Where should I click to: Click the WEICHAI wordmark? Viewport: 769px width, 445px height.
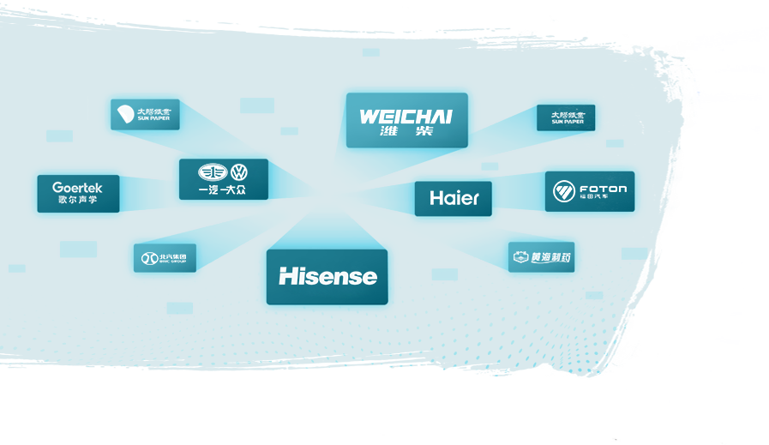tap(406, 117)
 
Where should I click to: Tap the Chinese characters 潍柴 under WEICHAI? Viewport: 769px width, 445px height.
tap(406, 132)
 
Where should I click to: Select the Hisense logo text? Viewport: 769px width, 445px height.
tap(327, 276)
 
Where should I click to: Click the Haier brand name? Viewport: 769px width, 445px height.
tap(454, 198)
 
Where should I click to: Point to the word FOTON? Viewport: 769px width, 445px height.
tap(603, 189)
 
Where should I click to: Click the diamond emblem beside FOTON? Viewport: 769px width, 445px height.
tap(563, 191)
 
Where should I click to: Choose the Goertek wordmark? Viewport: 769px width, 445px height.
tap(77, 188)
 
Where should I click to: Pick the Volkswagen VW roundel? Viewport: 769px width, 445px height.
tap(239, 172)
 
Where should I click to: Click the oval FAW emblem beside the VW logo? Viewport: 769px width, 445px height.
tap(211, 172)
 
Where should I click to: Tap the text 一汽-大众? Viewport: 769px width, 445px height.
tap(223, 189)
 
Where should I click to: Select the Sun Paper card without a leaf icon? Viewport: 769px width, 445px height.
tap(566, 117)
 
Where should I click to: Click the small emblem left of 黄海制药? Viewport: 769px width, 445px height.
tap(520, 257)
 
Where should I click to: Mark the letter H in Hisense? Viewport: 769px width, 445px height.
tap(287, 276)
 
